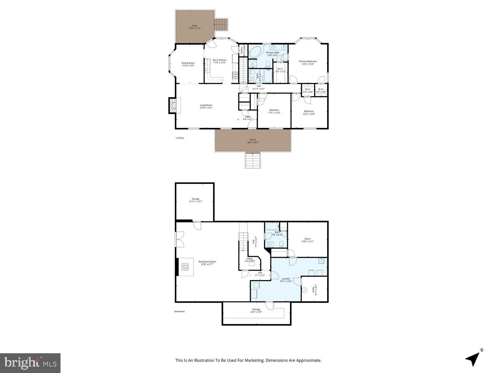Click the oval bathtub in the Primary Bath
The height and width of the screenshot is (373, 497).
tap(256, 52)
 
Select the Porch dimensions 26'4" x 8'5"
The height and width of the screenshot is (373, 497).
tap(253, 142)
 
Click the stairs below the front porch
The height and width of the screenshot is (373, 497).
tap(252, 160)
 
